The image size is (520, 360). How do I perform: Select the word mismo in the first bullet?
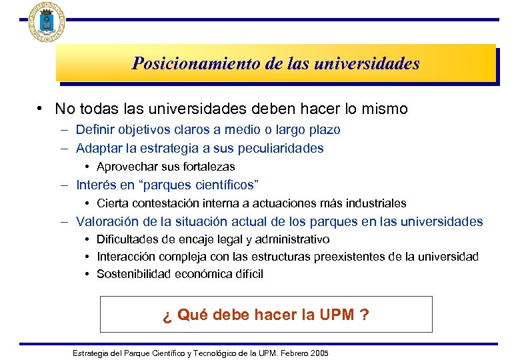click(x=385, y=108)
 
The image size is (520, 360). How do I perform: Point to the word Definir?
click(x=95, y=130)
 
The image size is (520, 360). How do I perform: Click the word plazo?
click(x=323, y=130)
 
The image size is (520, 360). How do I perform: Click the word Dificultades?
click(x=127, y=239)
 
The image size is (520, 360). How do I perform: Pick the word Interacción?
click(x=126, y=257)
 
